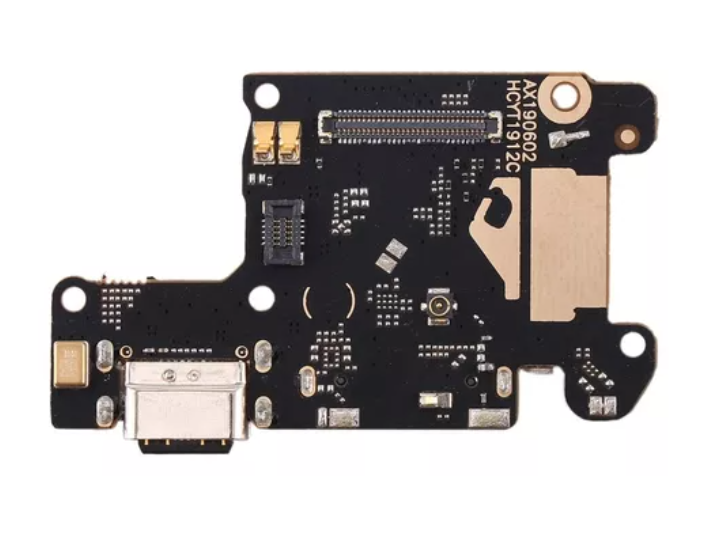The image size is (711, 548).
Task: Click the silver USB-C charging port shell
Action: [186, 400]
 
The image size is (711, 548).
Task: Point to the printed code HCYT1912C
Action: [512, 127]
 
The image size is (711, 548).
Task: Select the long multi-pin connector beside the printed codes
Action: [411, 125]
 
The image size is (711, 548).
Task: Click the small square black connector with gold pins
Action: [283, 232]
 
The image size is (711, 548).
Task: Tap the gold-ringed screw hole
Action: [565, 97]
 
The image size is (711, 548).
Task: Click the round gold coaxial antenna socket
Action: [438, 306]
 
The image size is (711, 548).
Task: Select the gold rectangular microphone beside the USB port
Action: [71, 364]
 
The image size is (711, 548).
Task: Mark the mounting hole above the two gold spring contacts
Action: [267, 96]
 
